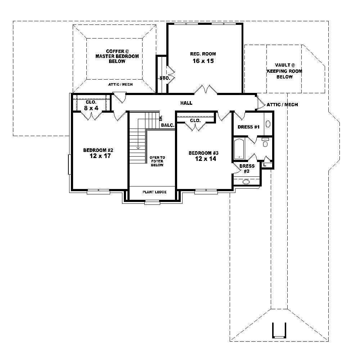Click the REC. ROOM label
203,54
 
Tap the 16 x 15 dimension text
203,61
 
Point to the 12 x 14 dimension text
206,159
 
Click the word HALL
186,103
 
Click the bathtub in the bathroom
239,149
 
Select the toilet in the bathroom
266,143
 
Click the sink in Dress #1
268,124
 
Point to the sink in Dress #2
246,182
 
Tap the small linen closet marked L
265,165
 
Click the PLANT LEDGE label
154,192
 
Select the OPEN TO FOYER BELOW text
157,161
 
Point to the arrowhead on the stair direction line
138,147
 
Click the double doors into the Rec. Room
206,90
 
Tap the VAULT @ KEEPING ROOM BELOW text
284,71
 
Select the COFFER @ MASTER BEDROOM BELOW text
117,56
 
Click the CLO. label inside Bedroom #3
195,121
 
